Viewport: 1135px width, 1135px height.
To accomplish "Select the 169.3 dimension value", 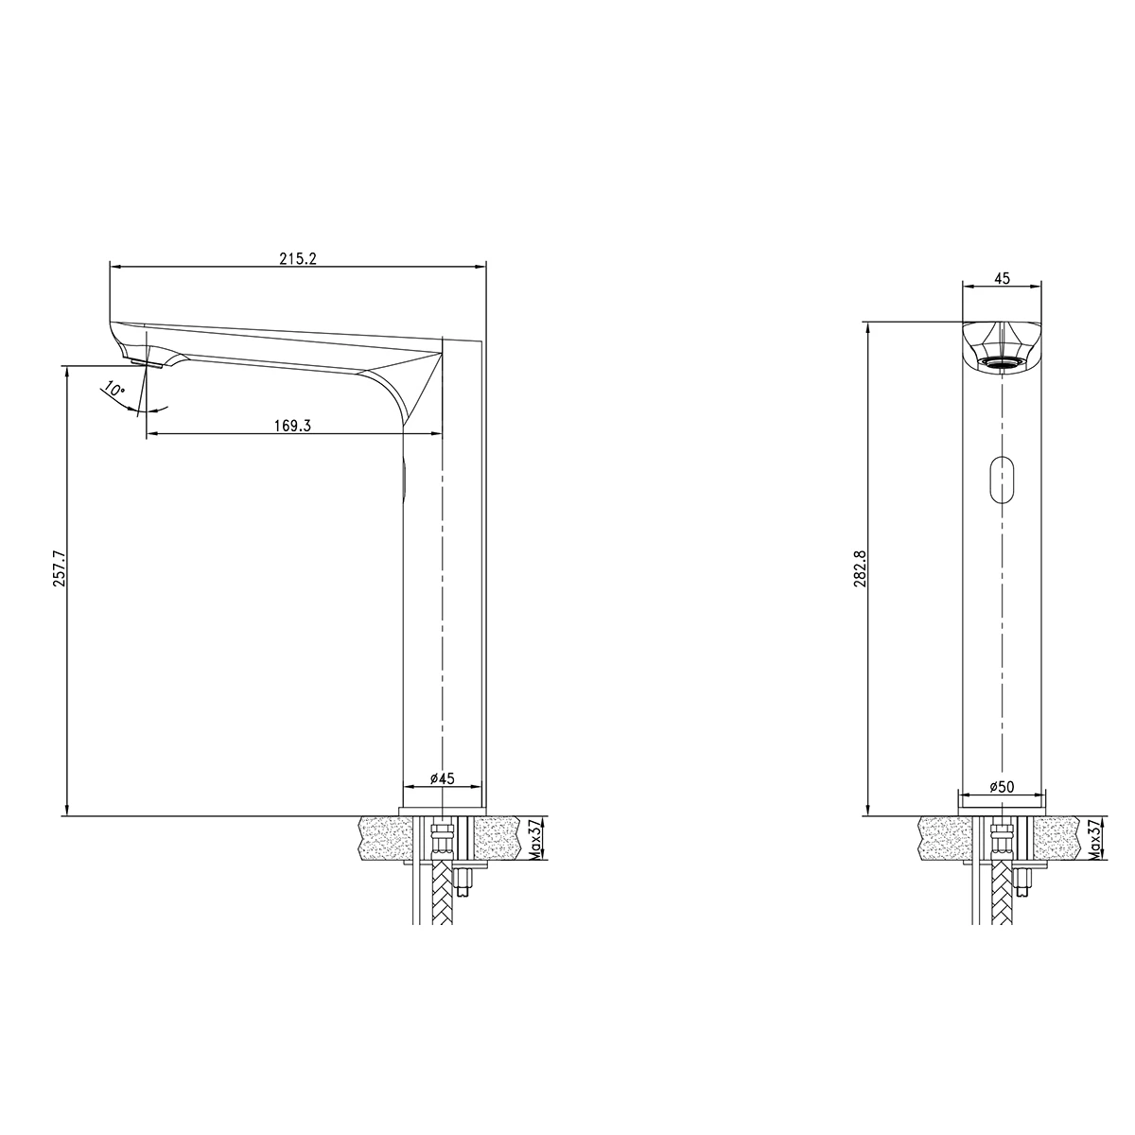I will click(x=293, y=426).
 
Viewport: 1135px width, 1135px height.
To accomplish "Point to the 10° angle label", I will click(x=113, y=390).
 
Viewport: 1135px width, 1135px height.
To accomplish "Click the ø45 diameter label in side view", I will click(x=443, y=778).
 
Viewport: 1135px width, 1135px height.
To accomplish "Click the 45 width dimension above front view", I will click(x=1003, y=278).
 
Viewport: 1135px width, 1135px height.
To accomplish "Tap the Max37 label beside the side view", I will click(x=535, y=838).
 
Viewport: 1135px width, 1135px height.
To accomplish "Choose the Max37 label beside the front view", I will click(x=1094, y=838).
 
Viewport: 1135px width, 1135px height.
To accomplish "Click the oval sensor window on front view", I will click(x=1001, y=478).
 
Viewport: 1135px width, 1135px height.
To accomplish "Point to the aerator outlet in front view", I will click(x=1001, y=362).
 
